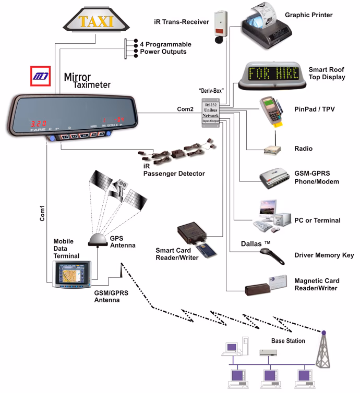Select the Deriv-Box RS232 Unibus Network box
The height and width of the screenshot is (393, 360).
[x=211, y=110]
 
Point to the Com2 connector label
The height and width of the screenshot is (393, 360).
[x=185, y=108]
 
